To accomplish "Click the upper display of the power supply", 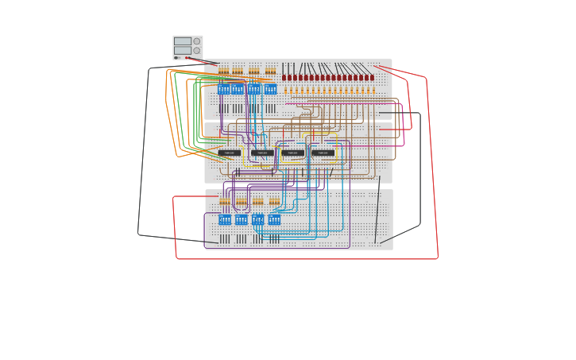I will click(183, 41).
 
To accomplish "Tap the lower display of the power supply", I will click(183, 50).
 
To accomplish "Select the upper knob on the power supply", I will click(197, 41).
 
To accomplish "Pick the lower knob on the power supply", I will click(197, 50).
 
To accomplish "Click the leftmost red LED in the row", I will click(284, 78).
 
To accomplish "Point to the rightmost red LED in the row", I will click(372, 78).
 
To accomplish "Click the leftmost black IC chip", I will click(229, 153).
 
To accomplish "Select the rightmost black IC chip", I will click(323, 153).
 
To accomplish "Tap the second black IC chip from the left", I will click(261, 153).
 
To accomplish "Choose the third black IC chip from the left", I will click(292, 153).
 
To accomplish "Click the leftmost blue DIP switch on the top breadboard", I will click(223, 89).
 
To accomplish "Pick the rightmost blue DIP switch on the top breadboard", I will click(270, 89).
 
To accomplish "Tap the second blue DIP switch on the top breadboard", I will click(238, 89).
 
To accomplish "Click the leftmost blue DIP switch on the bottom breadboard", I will click(225, 219).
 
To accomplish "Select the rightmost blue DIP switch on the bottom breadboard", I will click(274, 219).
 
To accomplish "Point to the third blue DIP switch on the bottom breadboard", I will click(257, 219).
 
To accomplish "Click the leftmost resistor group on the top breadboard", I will click(223, 72).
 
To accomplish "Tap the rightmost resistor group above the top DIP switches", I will click(270, 72).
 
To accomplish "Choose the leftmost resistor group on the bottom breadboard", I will click(225, 202).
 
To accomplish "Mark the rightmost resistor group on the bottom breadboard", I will click(274, 202).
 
